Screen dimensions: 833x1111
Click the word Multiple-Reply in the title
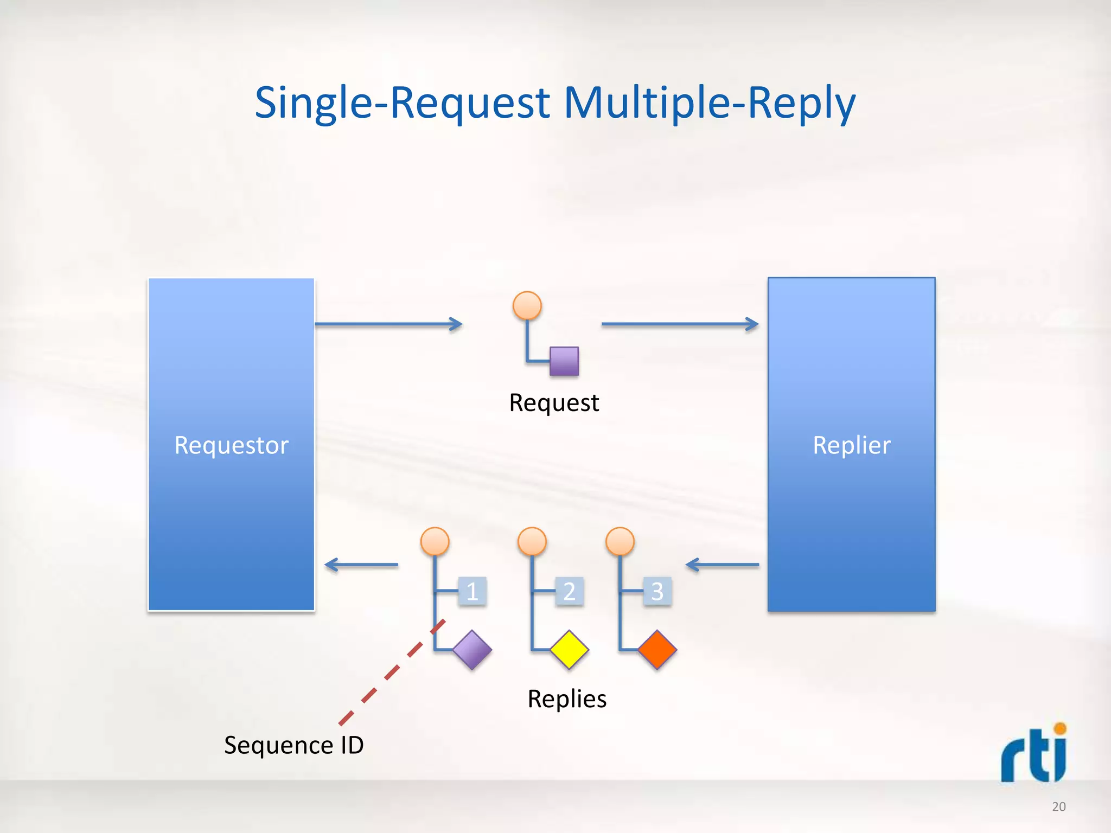710,103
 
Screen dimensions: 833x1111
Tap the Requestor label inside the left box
231,445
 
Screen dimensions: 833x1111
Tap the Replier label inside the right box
851,445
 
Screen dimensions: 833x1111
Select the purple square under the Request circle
564,361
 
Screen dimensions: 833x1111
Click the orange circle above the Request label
527,305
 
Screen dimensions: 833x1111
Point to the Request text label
554,403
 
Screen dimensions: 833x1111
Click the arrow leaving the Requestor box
388,324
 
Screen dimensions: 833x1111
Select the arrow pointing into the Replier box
680,324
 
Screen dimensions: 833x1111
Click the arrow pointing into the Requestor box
361,565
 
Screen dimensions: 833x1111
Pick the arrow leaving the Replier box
722,565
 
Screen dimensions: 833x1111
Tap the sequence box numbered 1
472,591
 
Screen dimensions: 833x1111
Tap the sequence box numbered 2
569,591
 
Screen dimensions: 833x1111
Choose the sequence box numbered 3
657,591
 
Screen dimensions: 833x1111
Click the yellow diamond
569,649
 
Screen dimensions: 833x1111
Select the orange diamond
657,649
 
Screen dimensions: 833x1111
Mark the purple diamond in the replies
472,649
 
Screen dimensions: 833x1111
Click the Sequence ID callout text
293,745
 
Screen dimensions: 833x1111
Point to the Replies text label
567,699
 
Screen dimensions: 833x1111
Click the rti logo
1034,754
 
